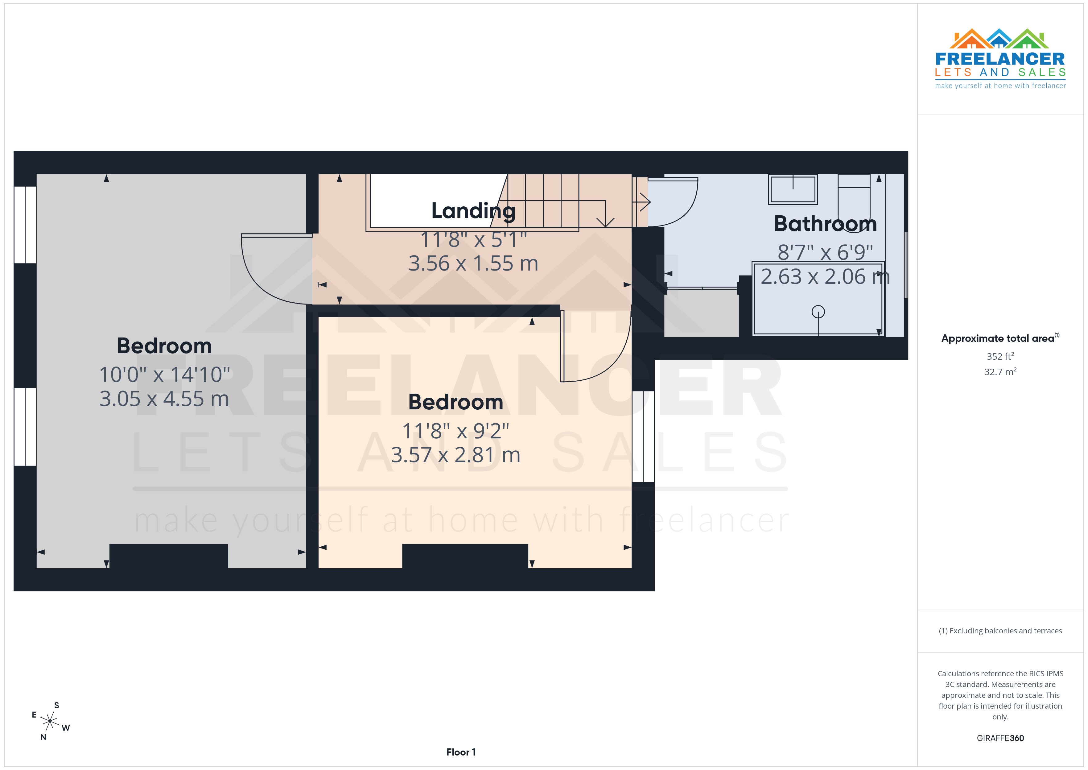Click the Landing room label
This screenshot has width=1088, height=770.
pyautogui.click(x=473, y=211)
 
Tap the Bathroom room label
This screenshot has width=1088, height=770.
pyautogui.click(x=825, y=224)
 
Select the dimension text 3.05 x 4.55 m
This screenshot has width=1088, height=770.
pyautogui.click(x=164, y=399)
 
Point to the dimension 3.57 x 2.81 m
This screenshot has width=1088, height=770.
pyautogui.click(x=455, y=455)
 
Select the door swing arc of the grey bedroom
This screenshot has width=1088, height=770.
pyautogui.click(x=265, y=280)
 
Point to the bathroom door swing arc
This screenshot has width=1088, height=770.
pyautogui.click(x=682, y=209)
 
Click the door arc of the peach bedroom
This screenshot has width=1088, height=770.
pyautogui.click(x=607, y=360)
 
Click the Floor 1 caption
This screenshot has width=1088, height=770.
pyautogui.click(x=461, y=752)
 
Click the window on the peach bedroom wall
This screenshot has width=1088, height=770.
pyautogui.click(x=643, y=436)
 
